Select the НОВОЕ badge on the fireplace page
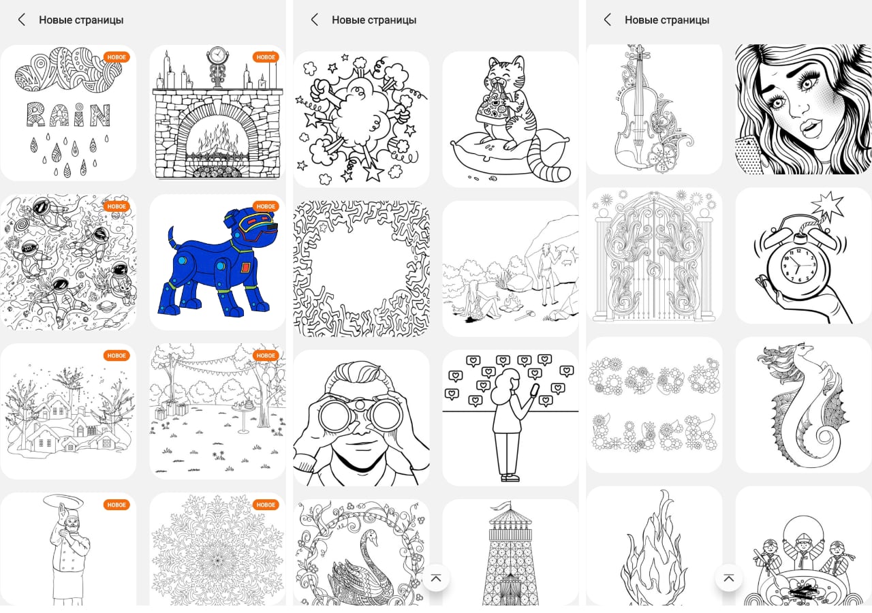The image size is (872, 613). pos(266,57)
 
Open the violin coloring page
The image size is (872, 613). pos(654,109)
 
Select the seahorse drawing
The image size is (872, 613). pos(803,405)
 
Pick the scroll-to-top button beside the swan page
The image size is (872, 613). pos(436,578)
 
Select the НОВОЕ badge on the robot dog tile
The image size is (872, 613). pos(266,206)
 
